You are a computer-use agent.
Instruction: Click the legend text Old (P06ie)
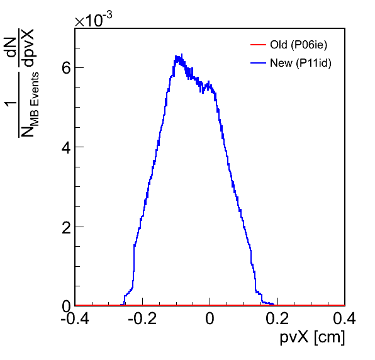tap(298, 45)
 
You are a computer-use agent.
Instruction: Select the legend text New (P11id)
tap(301, 63)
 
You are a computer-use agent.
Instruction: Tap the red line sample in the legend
tap(259, 45)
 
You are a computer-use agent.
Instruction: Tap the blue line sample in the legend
tap(259, 63)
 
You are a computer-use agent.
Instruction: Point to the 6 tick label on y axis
tap(66, 68)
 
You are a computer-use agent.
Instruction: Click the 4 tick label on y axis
tap(66, 148)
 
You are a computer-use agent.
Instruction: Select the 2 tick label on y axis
tap(66, 228)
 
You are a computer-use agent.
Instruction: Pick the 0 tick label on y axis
tap(66, 306)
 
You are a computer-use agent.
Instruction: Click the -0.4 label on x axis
tap(75, 318)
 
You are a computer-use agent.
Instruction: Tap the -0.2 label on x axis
tap(142, 318)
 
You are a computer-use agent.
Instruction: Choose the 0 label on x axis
tap(210, 318)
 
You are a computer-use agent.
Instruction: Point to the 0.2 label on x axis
tap(277, 318)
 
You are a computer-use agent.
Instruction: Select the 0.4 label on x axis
tap(344, 318)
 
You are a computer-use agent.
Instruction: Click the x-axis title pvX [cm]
tap(312, 338)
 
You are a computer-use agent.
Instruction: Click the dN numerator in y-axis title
tap(11, 47)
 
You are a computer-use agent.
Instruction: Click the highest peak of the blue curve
tap(182, 54)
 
